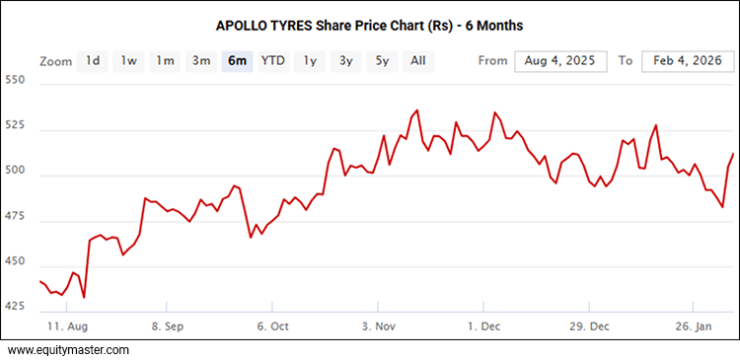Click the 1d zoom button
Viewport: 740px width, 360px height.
(92, 61)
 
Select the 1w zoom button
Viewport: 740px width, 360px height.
(128, 61)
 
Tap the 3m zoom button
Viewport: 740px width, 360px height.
(201, 61)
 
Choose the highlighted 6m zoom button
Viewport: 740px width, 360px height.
(237, 61)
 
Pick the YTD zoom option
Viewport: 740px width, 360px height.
(272, 61)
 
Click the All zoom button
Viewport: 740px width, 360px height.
(418, 61)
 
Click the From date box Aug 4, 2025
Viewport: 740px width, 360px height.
(559, 61)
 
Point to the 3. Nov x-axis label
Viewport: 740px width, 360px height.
(380, 324)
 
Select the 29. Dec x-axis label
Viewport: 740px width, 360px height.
(590, 324)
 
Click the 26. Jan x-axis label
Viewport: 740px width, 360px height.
(695, 324)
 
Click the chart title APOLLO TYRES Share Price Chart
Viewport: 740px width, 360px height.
(369, 22)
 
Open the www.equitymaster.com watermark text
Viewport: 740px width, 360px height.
(69, 349)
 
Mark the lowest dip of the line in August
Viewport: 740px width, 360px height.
(84, 297)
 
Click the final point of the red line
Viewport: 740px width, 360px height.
(733, 154)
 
